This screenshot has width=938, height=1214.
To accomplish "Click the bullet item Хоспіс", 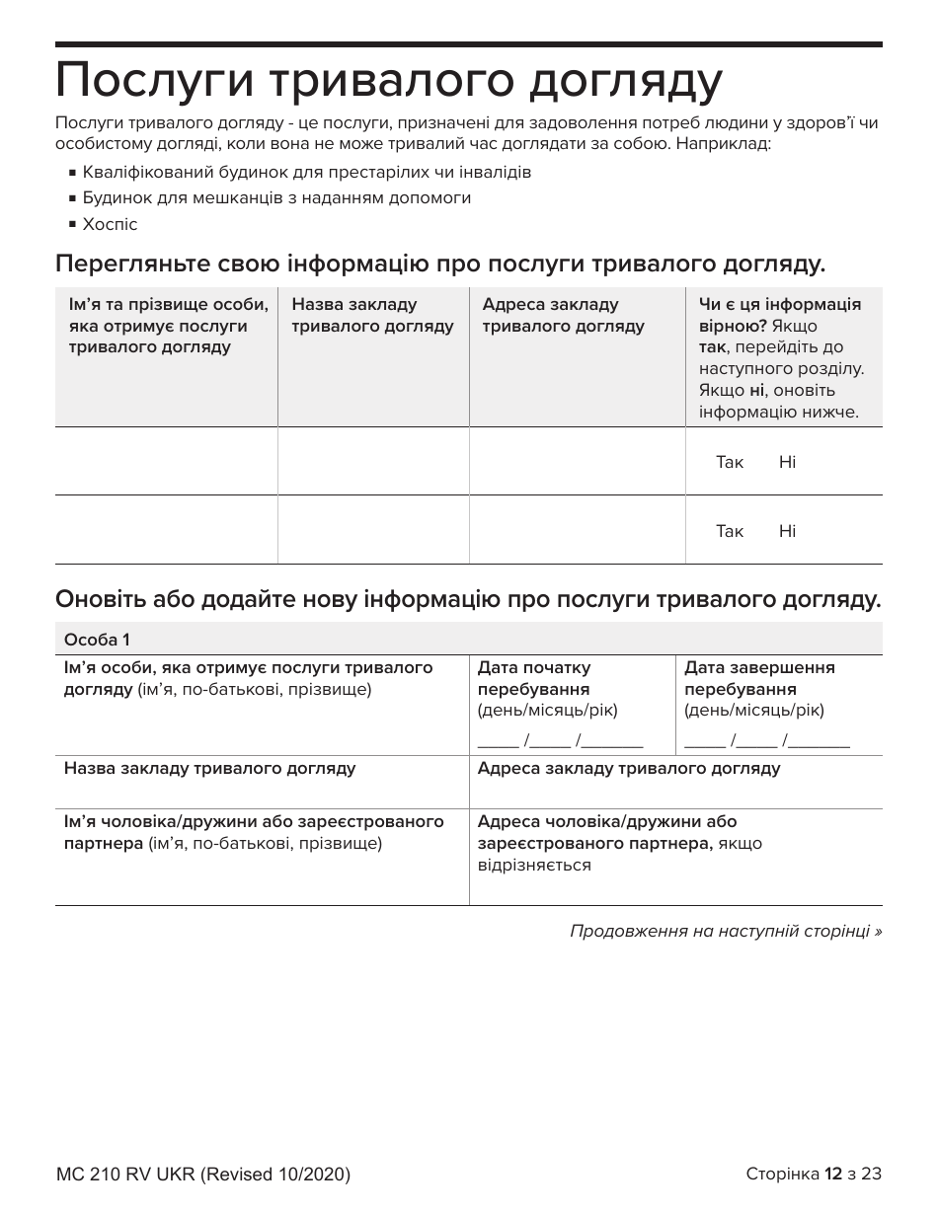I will click(110, 224).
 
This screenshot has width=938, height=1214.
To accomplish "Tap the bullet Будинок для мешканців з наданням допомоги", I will click(276, 197).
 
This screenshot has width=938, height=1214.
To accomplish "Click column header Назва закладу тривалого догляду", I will click(372, 315).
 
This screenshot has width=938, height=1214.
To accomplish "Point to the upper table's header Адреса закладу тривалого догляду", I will click(563, 315).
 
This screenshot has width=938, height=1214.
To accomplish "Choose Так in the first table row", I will click(730, 462).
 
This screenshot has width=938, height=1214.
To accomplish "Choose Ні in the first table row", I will click(787, 462).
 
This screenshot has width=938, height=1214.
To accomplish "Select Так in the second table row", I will click(730, 531).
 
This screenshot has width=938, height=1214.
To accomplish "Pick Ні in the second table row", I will click(787, 531).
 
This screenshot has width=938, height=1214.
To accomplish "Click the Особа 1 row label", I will click(97, 639).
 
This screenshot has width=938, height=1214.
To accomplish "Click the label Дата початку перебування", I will click(534, 678).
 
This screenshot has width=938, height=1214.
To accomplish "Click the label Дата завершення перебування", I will click(759, 678).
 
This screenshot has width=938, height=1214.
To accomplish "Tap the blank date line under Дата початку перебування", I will click(560, 741).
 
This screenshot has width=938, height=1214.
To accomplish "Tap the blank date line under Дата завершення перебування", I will click(767, 741).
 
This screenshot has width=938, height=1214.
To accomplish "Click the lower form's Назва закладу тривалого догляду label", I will click(210, 768).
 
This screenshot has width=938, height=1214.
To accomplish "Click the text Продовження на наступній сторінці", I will click(726, 931).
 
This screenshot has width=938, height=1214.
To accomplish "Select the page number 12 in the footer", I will click(833, 1174).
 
